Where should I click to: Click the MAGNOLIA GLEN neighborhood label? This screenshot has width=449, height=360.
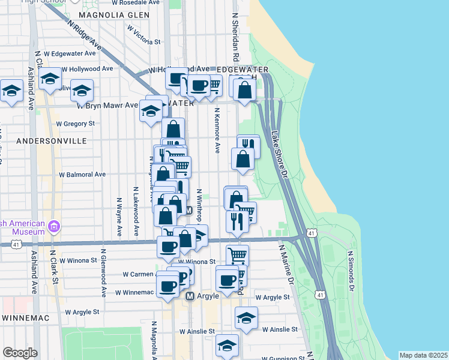pos(113,14)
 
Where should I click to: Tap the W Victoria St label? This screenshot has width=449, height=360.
pos(143,42)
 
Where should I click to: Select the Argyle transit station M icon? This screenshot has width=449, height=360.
pos(190,296)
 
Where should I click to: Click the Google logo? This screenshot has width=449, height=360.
pos(20,352)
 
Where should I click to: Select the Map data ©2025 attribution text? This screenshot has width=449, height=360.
pos(423,355)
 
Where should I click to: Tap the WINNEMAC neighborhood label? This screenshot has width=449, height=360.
pos(29,316)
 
